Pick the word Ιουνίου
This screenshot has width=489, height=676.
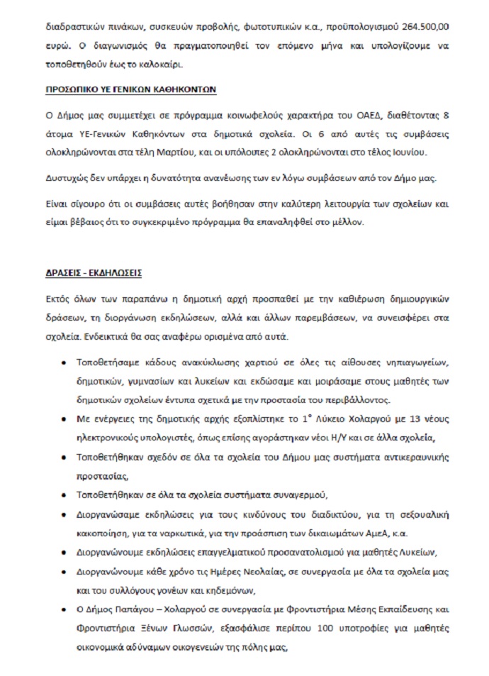(427, 152)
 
